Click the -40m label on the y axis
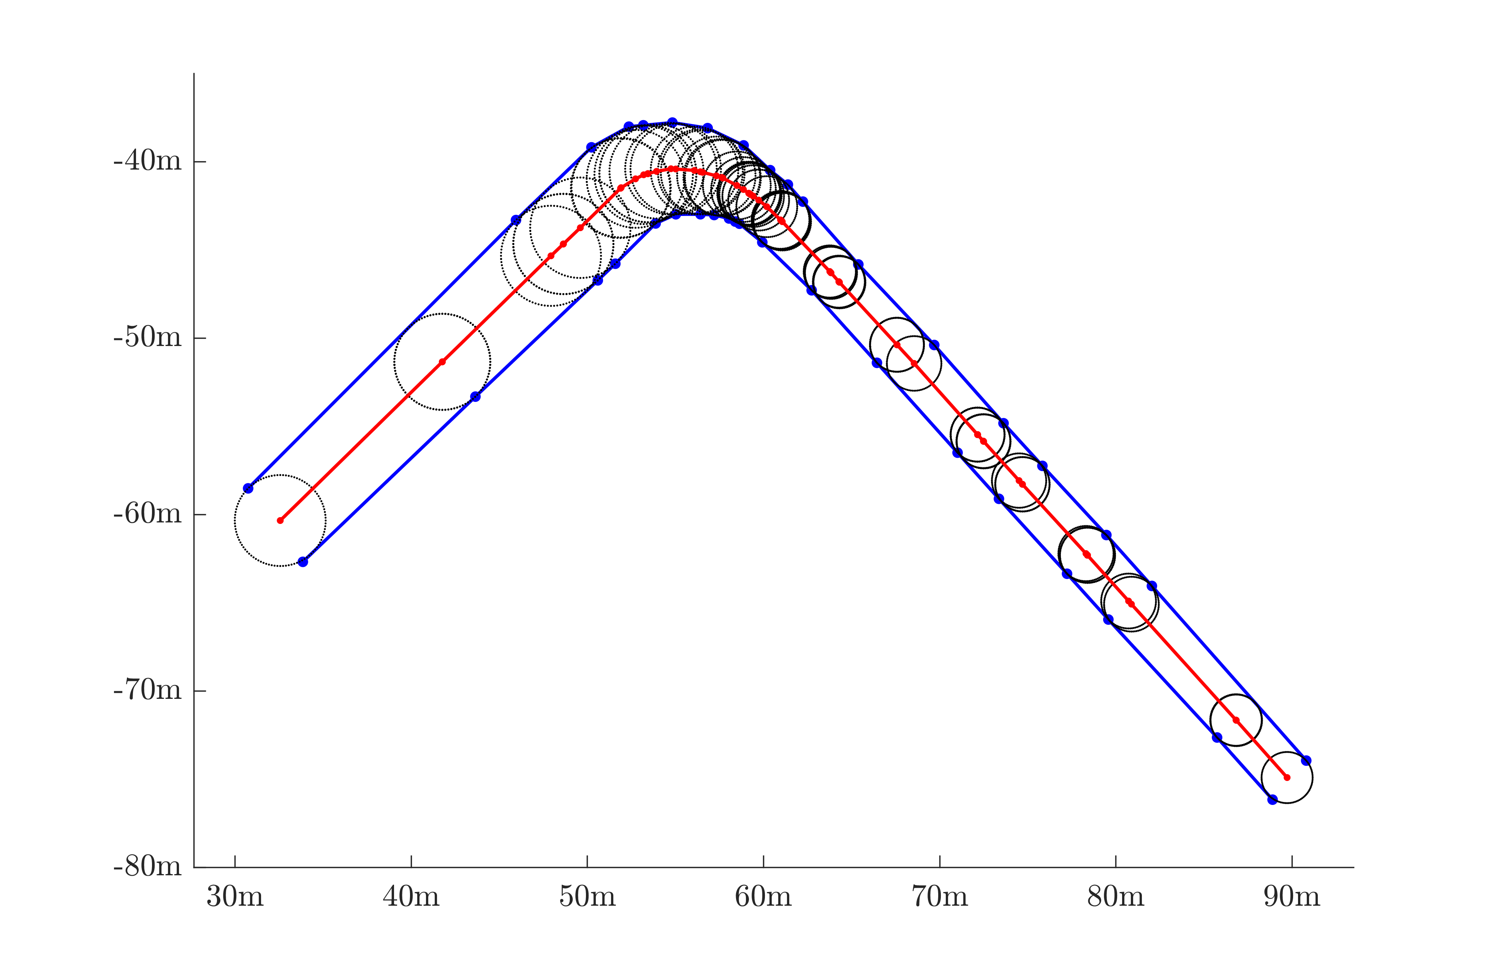point(147,162)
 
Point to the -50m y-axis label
point(147,338)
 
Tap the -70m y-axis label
point(147,690)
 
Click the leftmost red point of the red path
point(280,521)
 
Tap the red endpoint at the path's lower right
point(1287,778)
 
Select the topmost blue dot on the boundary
point(672,122)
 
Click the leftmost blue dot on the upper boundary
point(248,489)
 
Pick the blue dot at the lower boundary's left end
point(303,562)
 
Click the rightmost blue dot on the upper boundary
point(1306,760)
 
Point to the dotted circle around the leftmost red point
point(235,521)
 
